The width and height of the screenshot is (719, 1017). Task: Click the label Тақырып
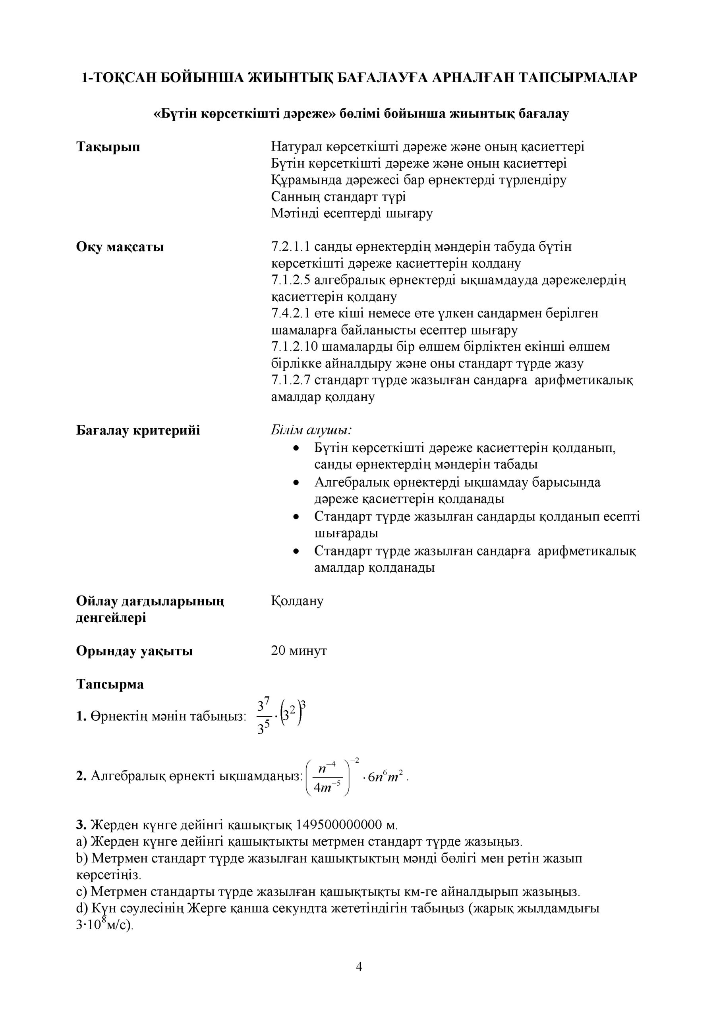tap(108, 147)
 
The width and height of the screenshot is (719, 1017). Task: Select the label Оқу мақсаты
tap(120, 247)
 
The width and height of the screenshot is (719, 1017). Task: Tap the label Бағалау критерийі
tap(138, 430)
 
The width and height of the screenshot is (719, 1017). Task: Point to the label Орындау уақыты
tap(134, 651)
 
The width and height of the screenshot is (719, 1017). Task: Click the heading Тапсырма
tap(110, 684)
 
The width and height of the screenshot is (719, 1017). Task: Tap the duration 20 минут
tap(299, 651)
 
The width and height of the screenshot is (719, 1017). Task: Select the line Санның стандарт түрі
tap(338, 197)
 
